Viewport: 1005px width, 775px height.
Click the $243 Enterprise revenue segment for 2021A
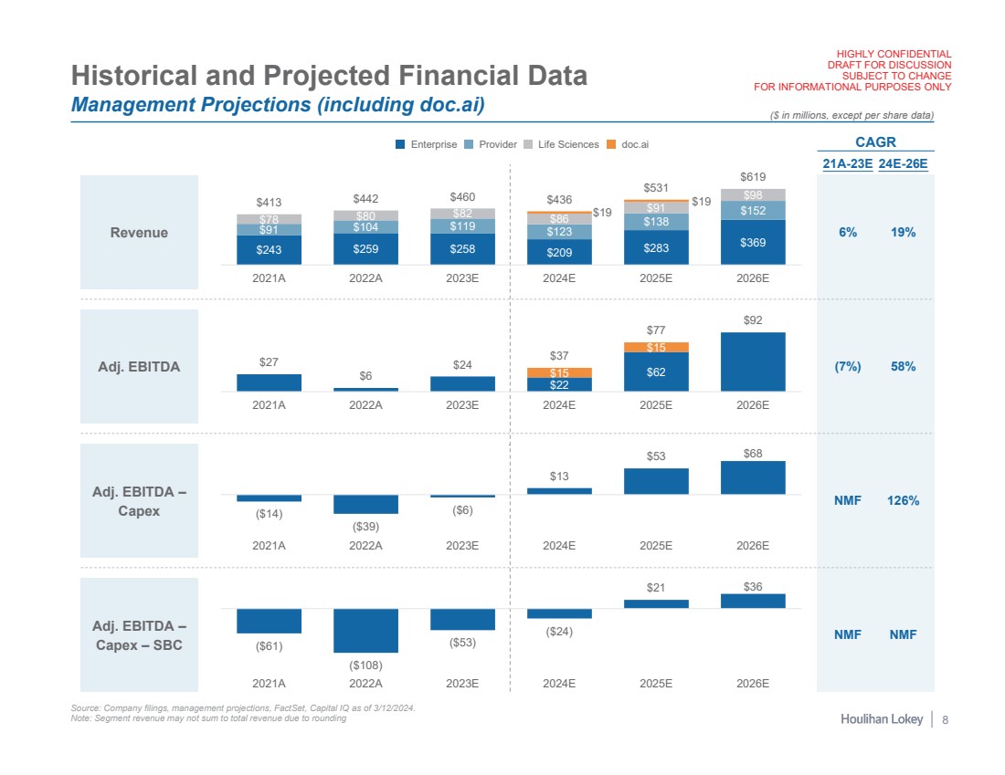(x=269, y=249)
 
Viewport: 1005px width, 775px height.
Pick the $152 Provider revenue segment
(x=753, y=211)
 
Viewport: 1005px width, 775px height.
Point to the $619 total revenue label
(x=753, y=177)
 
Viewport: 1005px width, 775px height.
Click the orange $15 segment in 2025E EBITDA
(x=656, y=347)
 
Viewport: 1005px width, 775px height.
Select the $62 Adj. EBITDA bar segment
(x=656, y=372)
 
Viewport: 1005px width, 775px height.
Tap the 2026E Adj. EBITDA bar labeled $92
(x=753, y=361)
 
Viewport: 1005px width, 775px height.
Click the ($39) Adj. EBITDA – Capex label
(x=365, y=527)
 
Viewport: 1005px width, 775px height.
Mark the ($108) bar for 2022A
(x=365, y=630)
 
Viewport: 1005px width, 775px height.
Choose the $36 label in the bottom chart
(x=753, y=587)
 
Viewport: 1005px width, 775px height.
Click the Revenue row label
(x=139, y=233)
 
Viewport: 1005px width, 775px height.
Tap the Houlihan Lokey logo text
(x=882, y=720)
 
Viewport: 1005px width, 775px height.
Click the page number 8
(x=945, y=720)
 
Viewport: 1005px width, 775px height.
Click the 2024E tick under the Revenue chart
(x=559, y=278)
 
